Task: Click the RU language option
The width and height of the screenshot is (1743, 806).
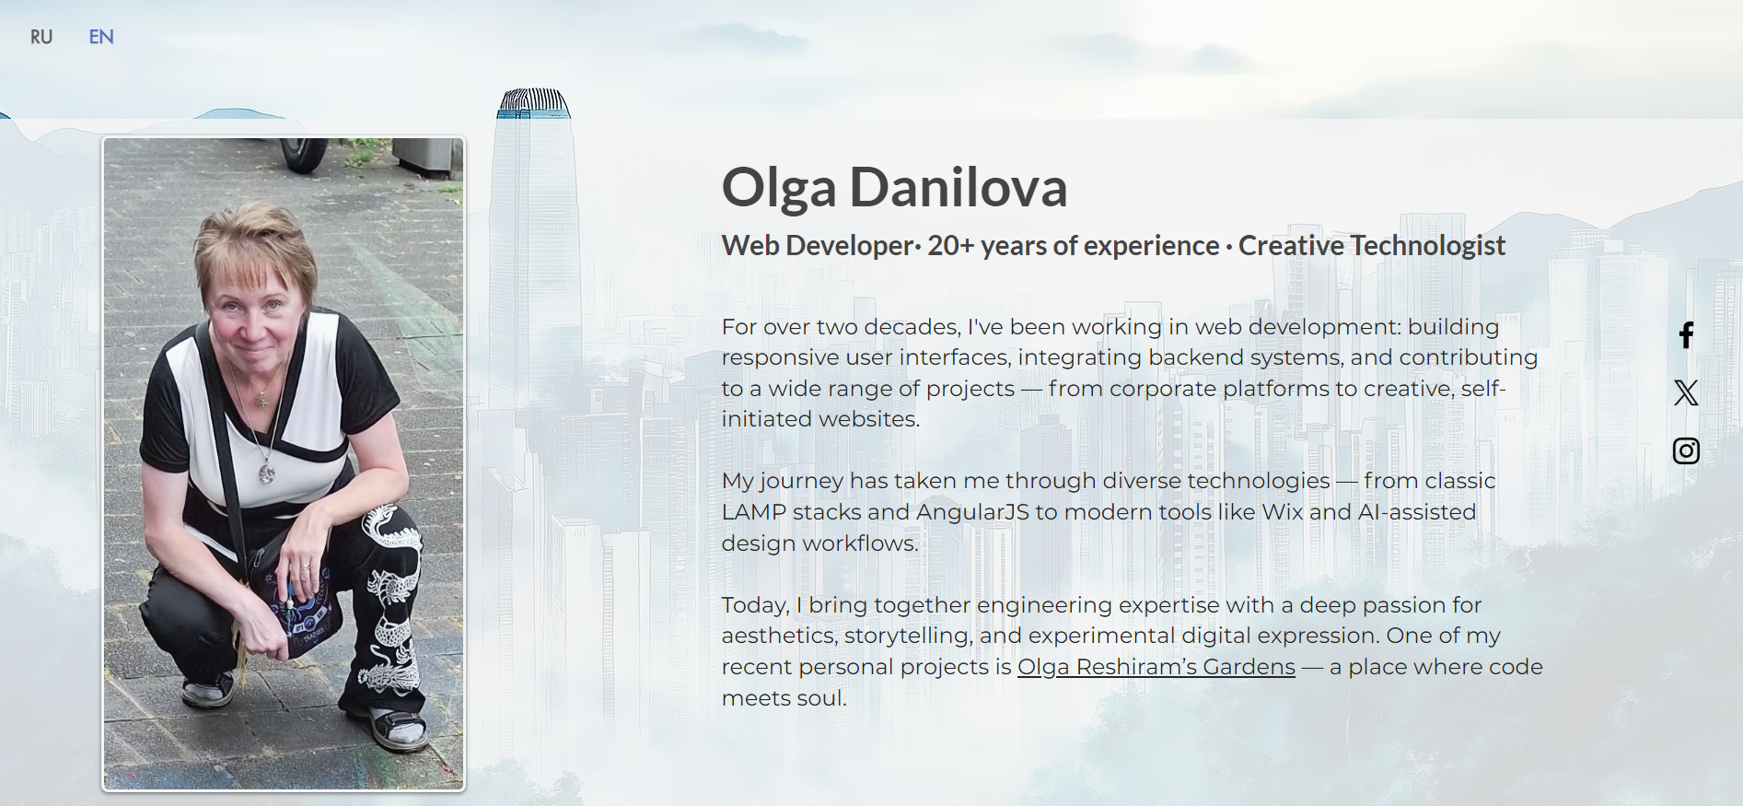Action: [x=41, y=37]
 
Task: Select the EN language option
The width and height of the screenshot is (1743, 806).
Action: [x=101, y=37]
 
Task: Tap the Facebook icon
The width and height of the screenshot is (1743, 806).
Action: [x=1686, y=335]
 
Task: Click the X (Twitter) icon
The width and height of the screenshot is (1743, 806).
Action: [x=1686, y=393]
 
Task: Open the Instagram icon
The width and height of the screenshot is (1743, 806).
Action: [x=1686, y=451]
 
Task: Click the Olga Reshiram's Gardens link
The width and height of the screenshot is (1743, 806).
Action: [x=1156, y=667]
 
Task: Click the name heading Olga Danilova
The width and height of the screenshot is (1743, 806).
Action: [x=894, y=187]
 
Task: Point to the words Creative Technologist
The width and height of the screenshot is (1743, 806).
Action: [x=1372, y=246]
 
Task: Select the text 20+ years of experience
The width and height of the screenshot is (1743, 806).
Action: [x=1074, y=246]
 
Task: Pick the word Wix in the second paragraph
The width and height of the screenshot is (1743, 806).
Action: [x=1283, y=512]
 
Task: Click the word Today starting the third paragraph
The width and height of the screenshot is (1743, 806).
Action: [x=755, y=605]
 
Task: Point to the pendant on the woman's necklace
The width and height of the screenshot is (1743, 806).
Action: [x=267, y=473]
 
